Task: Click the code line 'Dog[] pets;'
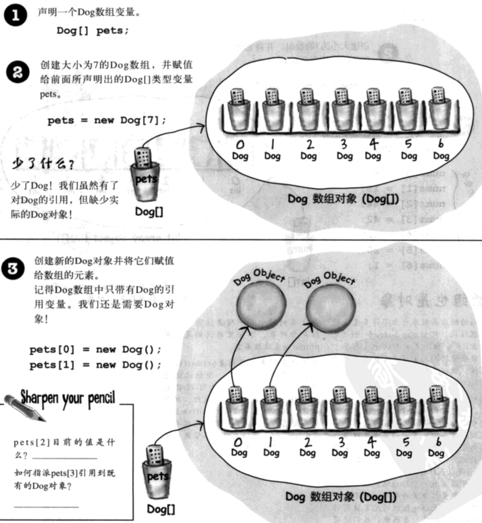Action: click(x=93, y=31)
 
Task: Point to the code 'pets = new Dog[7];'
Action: click(x=107, y=120)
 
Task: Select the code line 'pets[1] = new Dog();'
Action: click(x=95, y=365)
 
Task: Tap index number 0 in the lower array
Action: click(x=239, y=442)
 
